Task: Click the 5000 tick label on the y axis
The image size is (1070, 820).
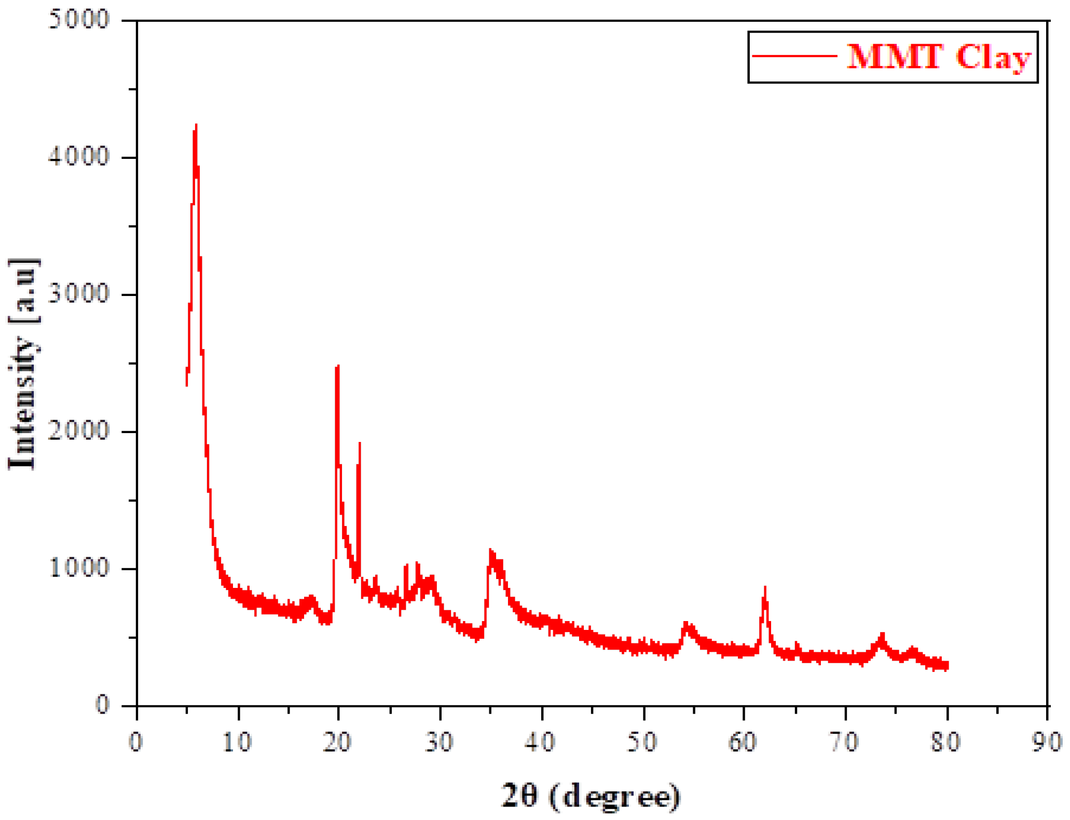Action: tap(79, 19)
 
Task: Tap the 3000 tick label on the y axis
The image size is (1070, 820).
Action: tap(79, 294)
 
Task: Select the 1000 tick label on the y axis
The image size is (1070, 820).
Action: tap(79, 568)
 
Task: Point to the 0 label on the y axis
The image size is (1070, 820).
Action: tap(103, 705)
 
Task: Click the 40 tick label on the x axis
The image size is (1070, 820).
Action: tap(540, 743)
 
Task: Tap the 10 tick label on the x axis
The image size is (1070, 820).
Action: tap(237, 743)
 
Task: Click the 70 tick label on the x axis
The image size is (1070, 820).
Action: tap(844, 743)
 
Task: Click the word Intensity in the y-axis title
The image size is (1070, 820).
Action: tap(22, 402)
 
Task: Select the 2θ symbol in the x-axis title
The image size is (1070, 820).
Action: tap(518, 795)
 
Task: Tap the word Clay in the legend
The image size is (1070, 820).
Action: tap(993, 57)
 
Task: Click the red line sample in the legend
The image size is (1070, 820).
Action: tap(794, 56)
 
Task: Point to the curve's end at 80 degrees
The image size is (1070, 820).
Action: tap(947, 666)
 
